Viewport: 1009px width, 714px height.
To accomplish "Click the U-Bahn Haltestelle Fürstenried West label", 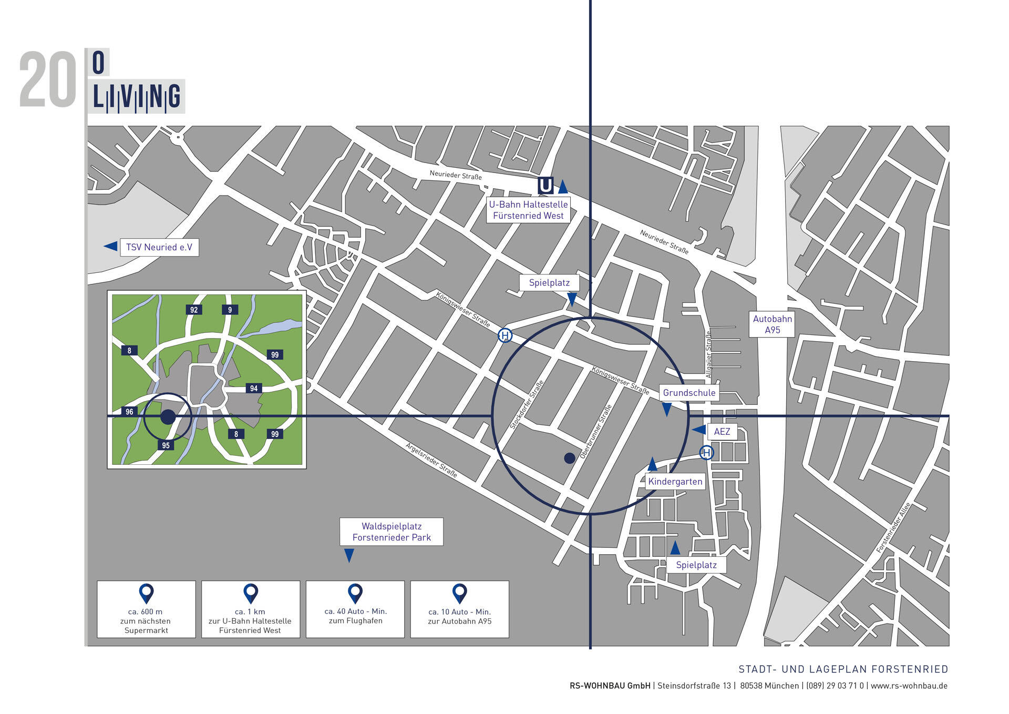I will point(528,210).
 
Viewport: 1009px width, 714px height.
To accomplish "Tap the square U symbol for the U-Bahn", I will point(545,186).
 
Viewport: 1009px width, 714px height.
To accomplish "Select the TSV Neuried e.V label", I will point(159,247).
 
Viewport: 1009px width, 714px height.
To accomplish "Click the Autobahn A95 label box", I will point(772,324).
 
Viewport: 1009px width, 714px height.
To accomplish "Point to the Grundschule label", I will point(689,393).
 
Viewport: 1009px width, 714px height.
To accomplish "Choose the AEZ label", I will point(722,432).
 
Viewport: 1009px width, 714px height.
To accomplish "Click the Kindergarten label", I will point(675,482).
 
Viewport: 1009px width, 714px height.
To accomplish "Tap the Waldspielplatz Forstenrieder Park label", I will point(392,532).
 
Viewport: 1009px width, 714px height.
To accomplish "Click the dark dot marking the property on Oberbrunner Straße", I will point(569,458).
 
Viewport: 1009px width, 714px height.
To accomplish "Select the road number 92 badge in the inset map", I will point(194,310).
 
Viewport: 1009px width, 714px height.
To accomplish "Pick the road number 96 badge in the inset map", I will point(129,412).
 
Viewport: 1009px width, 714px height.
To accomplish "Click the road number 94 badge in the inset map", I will point(254,389).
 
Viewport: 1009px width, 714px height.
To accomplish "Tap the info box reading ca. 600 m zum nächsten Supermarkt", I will point(146,609).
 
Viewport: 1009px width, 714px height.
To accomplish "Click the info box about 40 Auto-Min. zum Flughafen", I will point(355,609).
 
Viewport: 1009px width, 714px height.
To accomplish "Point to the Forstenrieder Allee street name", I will point(893,527).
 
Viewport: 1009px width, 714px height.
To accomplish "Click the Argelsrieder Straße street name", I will point(431,460).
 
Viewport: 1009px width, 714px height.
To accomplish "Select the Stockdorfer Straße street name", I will point(527,404).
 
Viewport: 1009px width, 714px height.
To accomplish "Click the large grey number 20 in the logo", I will point(48,80).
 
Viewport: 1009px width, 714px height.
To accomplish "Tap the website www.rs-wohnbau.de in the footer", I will point(909,686).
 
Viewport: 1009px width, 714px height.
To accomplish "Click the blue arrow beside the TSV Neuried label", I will point(110,246).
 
